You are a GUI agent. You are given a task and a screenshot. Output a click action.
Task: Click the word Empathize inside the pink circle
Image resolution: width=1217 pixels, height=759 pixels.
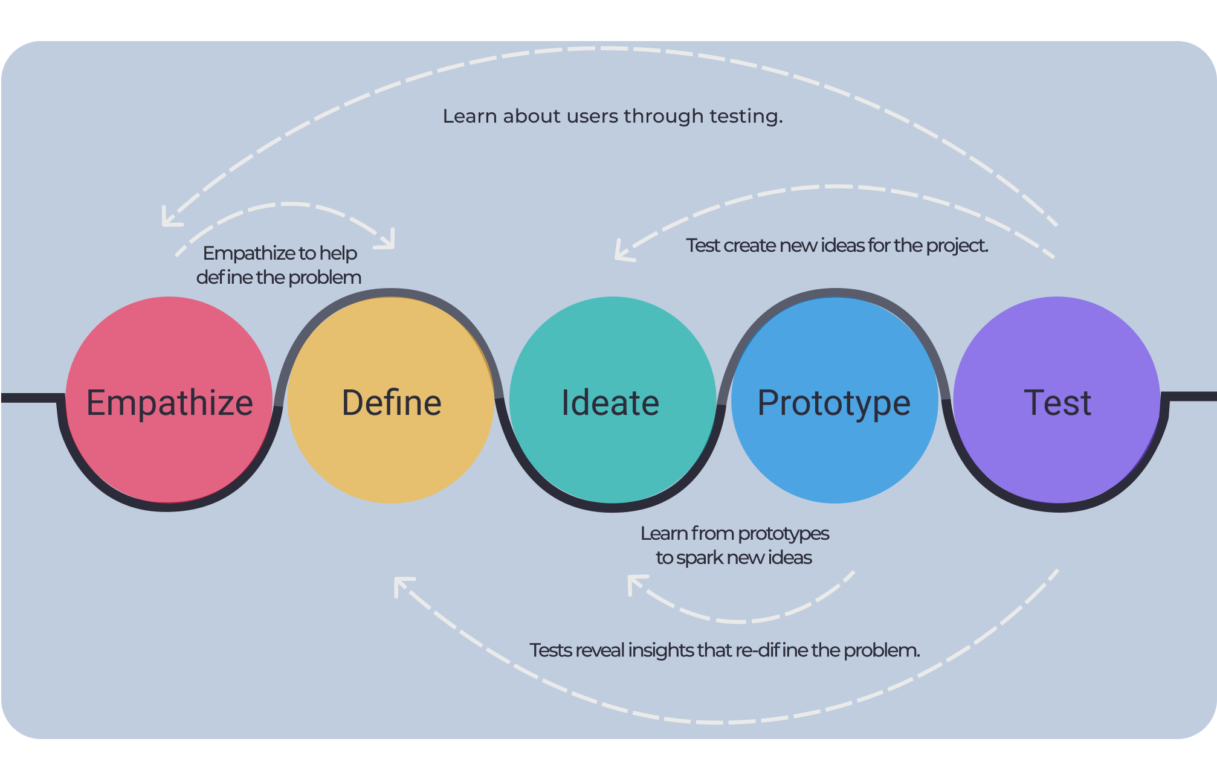tap(170, 403)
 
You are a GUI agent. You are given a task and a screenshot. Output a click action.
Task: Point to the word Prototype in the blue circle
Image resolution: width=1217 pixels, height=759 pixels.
tap(834, 403)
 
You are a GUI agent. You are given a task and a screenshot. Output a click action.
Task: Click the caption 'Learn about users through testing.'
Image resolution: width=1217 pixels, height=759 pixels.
tap(612, 116)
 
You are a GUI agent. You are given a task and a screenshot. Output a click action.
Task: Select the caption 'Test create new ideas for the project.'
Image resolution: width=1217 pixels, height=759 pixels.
tap(837, 246)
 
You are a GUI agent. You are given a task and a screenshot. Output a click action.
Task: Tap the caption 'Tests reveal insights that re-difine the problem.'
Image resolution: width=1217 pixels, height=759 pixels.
tap(725, 650)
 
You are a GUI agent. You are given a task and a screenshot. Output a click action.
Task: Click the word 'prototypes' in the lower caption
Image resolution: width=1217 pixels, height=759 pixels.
tap(783, 534)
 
